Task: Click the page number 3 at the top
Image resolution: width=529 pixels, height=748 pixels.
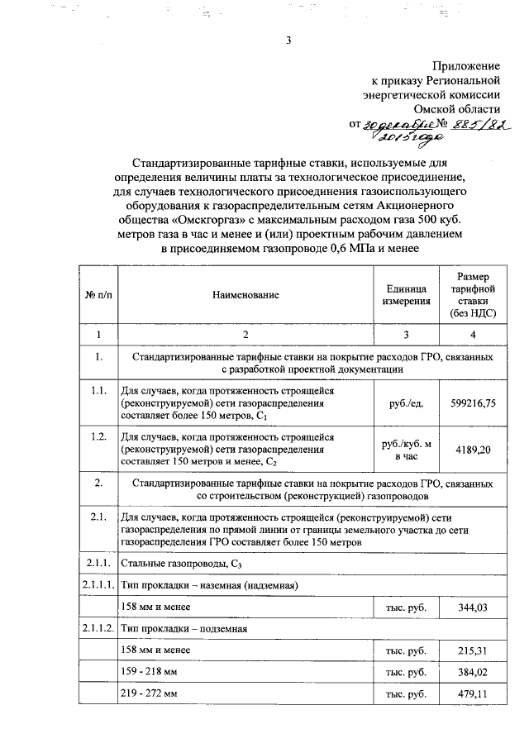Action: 289,39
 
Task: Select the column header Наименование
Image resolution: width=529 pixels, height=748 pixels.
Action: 245,295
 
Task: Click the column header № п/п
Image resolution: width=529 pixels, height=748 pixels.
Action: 98,295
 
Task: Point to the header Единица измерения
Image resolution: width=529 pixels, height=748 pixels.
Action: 406,295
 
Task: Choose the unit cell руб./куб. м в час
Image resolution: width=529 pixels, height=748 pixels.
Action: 406,450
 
